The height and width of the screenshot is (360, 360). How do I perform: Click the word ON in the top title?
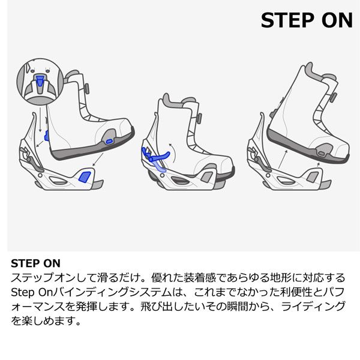coord(337,20)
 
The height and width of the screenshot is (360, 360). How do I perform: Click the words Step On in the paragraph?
coord(31,292)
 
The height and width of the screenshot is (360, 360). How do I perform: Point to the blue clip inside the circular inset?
coord(40,82)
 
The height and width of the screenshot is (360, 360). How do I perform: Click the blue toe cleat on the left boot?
coord(109,140)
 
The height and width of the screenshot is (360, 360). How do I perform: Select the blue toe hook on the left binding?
coord(85,176)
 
